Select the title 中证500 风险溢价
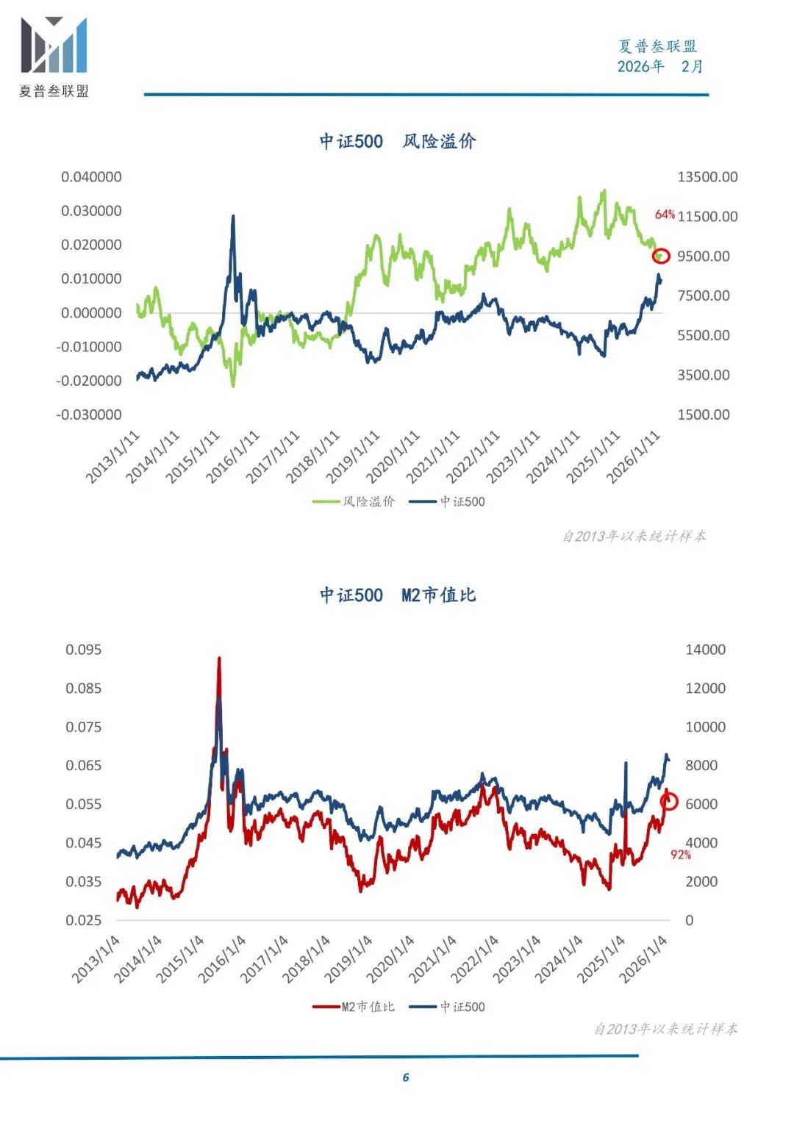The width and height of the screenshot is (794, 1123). [x=398, y=141]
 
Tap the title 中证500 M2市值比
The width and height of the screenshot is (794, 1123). [x=398, y=595]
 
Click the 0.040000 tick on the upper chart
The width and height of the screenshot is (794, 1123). [x=91, y=177]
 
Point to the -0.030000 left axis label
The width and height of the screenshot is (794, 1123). [x=89, y=415]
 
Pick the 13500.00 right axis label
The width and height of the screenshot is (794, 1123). [x=707, y=177]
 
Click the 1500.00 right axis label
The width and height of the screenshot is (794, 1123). [x=704, y=415]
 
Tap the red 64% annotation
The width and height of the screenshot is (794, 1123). [x=665, y=215]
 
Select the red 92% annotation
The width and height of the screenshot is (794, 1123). [x=680, y=855]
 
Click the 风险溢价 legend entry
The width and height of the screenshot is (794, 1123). [x=354, y=501]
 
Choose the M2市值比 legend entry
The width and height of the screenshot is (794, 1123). [x=354, y=1007]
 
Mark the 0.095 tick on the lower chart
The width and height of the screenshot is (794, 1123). [x=84, y=650]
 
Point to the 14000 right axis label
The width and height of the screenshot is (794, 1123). [x=705, y=650]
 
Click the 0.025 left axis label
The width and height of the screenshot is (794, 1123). [x=84, y=920]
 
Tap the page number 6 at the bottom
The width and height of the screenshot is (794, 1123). [x=406, y=1077]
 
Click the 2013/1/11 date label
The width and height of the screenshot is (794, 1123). [x=112, y=457]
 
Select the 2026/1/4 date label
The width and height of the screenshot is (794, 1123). [x=643, y=959]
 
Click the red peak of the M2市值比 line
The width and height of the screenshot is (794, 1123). [x=219, y=659]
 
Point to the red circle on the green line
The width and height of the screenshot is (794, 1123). [x=661, y=256]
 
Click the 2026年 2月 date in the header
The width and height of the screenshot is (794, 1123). [x=659, y=67]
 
